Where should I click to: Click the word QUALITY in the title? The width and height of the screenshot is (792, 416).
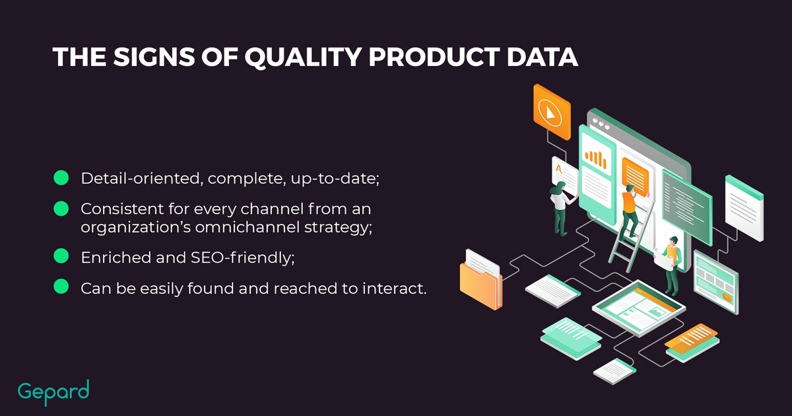pyautogui.click(x=303, y=57)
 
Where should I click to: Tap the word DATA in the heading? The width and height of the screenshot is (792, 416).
pyautogui.click(x=543, y=57)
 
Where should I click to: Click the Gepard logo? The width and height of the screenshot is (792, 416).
pyautogui.click(x=53, y=392)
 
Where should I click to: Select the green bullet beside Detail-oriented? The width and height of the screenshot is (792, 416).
pyautogui.click(x=61, y=178)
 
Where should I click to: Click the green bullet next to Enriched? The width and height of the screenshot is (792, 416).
pyautogui.click(x=61, y=256)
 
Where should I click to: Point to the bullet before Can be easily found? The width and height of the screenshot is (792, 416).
pyautogui.click(x=61, y=286)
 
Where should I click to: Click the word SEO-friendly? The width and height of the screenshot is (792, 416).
pyautogui.click(x=243, y=258)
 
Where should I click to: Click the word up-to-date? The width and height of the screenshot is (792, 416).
pyautogui.click(x=335, y=179)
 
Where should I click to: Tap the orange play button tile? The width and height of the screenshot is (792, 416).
pyautogui.click(x=552, y=112)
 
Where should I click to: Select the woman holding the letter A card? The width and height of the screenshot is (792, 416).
pyautogui.click(x=562, y=209)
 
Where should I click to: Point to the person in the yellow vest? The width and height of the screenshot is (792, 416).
pyautogui.click(x=671, y=265)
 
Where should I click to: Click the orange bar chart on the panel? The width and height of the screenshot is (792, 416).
pyautogui.click(x=595, y=159)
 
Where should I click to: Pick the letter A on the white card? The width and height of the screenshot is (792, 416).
pyautogui.click(x=558, y=169)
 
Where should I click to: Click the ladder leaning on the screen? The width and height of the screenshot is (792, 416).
pyautogui.click(x=630, y=238)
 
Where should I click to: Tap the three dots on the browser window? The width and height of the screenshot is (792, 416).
pyautogui.click(x=601, y=124)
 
